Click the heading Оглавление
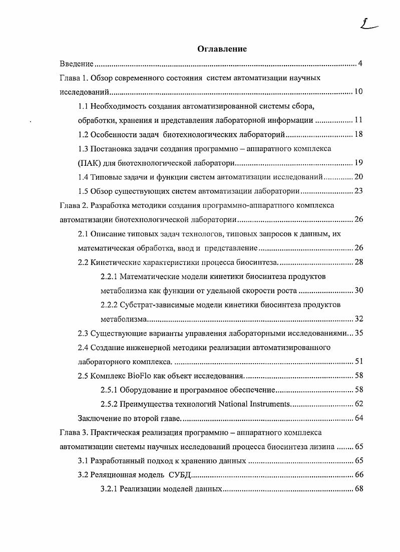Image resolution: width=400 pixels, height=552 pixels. tap(222, 49)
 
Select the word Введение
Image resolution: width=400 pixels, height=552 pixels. tap(77, 64)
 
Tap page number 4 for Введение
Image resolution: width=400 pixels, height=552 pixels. tap(360, 64)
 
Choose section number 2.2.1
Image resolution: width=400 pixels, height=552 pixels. tap(109, 277)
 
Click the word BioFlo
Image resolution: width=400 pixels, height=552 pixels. tap(134, 376)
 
